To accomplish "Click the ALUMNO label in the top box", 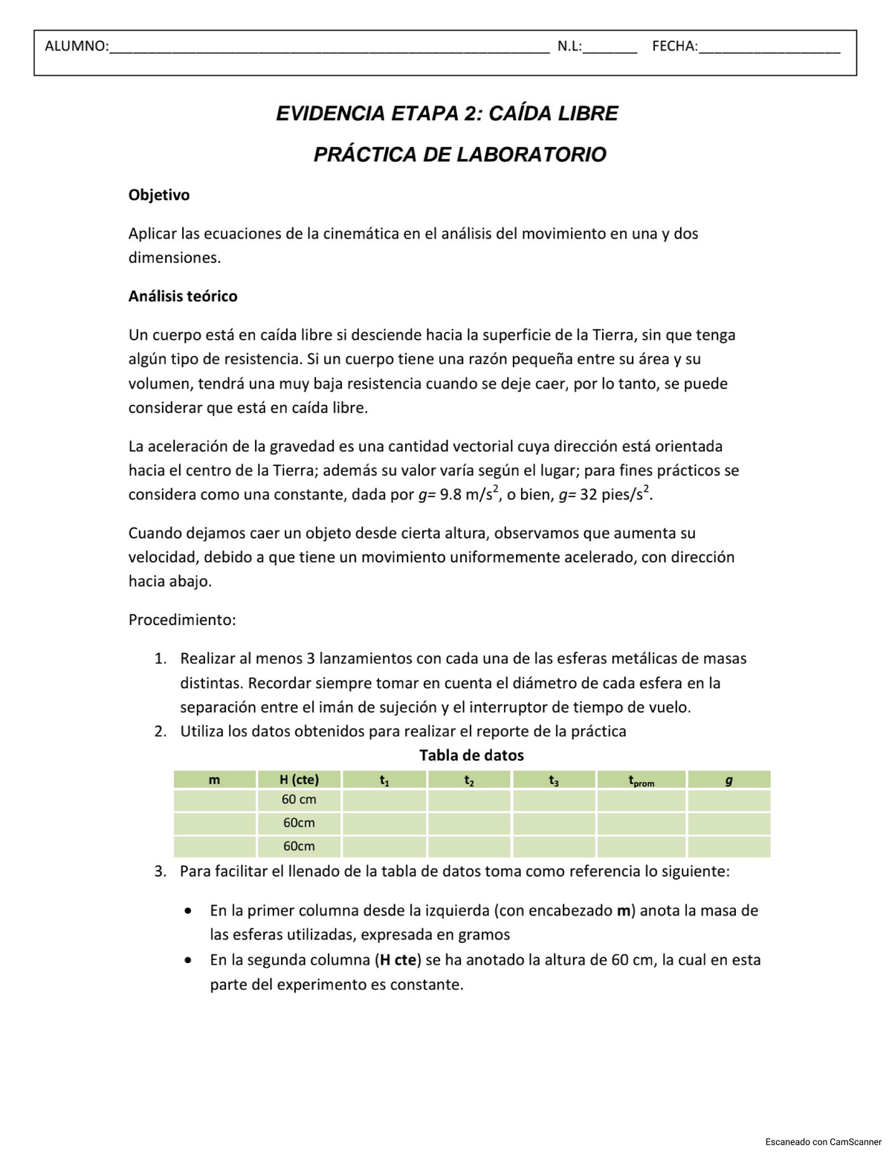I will tap(76, 47).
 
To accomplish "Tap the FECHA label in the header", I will tap(674, 47).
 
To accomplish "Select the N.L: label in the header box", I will tap(569, 47).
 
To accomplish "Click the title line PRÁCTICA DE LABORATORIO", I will tap(459, 155).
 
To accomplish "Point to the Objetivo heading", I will tap(159, 195).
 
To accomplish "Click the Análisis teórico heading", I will tap(183, 296).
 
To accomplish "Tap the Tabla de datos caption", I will tap(471, 756).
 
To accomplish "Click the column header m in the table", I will tap(214, 779).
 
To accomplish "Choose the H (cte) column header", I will tap(299, 779).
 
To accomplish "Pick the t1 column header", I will tap(384, 780).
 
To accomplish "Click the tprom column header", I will tap(641, 781).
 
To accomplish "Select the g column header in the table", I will tap(728, 780).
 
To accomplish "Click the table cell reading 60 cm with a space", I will tap(299, 800).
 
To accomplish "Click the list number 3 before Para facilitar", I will tap(160, 872).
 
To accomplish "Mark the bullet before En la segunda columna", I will tap(190, 960).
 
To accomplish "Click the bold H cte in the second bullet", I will tap(398, 960).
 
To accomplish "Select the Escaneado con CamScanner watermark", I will tap(823, 1142).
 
